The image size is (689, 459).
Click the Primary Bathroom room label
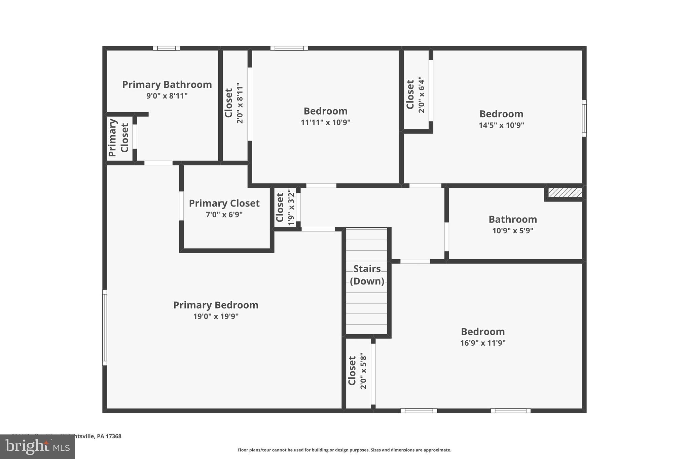[167, 85]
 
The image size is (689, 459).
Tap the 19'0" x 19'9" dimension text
[216, 316]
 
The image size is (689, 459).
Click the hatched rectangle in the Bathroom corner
[565, 193]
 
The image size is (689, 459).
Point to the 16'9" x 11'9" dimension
[483, 343]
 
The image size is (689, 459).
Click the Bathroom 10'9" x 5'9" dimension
[513, 231]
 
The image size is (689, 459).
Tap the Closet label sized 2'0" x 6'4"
[410, 94]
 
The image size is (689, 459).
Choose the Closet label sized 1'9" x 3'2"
[280, 207]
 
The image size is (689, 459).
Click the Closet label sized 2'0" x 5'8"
[352, 371]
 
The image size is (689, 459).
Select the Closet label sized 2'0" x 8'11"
[229, 103]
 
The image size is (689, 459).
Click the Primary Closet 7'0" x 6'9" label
[224, 203]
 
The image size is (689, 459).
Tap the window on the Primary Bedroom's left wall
[105, 328]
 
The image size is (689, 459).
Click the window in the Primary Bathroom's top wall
[166, 48]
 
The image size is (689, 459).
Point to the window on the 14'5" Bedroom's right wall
[584, 118]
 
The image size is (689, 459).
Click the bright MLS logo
[37, 447]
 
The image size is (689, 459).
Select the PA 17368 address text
[109, 436]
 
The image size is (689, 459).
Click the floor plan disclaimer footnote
[344, 450]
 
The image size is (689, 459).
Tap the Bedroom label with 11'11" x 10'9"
[325, 111]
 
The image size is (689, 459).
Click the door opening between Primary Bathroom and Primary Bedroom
[158, 163]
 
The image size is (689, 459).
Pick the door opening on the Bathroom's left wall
[446, 237]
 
